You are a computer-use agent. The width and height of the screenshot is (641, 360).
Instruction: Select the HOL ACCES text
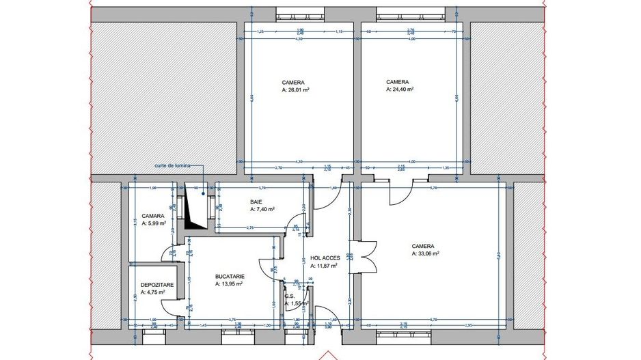324,259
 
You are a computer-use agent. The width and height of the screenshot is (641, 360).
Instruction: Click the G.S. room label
290,296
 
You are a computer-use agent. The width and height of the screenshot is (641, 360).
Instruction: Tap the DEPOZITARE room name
156,285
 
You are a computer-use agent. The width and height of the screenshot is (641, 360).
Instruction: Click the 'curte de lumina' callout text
173,165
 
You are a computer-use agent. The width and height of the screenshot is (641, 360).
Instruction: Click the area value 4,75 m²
154,292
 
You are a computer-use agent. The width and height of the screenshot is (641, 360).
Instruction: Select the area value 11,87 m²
326,266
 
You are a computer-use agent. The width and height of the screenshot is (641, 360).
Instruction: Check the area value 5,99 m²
154,223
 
